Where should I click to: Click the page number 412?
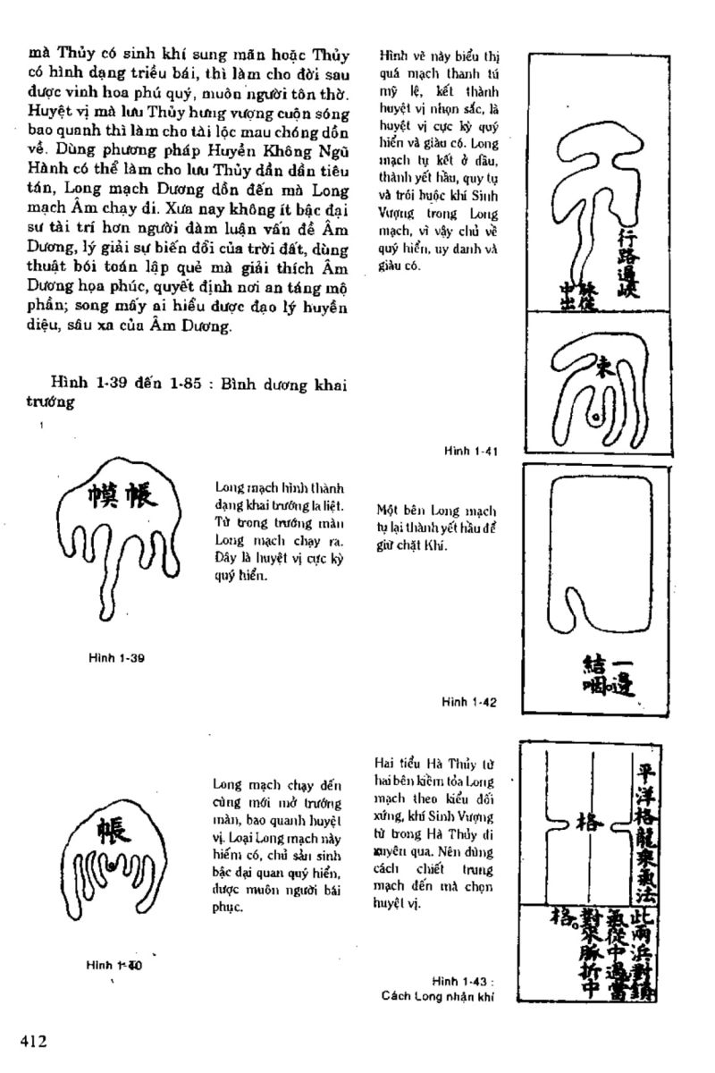point(33,1040)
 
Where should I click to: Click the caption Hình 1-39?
point(117,658)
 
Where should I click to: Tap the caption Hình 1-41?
point(469,452)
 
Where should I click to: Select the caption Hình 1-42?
point(468,702)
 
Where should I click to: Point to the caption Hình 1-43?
point(462,981)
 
